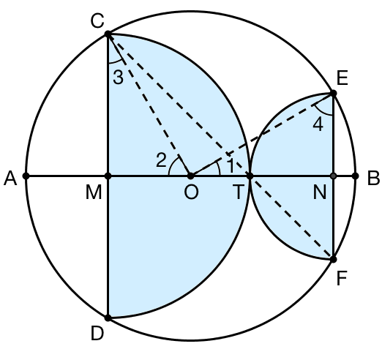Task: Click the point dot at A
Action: pyautogui.click(x=26, y=176)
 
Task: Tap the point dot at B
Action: pyautogui.click(x=356, y=176)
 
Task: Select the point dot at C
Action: pyautogui.click(x=108, y=34)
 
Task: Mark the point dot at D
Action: pyautogui.click(x=108, y=318)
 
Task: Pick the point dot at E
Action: pyautogui.click(x=333, y=93)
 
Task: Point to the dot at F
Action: pyautogui.click(x=333, y=260)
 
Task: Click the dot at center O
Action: pyautogui.click(x=190, y=176)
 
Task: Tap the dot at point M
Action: pyautogui.click(x=108, y=176)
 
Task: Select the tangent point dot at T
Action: pyautogui.click(x=250, y=176)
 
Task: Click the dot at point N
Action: pyautogui.click(x=333, y=176)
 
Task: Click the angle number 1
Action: pyautogui.click(x=231, y=165)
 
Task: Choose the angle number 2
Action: pyautogui.click(x=162, y=160)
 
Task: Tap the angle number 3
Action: pyautogui.click(x=119, y=78)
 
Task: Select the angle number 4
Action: pyautogui.click(x=318, y=124)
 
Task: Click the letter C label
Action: pyautogui.click(x=97, y=20)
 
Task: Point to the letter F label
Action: pyautogui.click(x=342, y=278)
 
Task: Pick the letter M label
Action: pyautogui.click(x=94, y=192)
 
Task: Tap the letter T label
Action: pyautogui.click(x=239, y=192)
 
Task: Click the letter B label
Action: pyautogui.click(x=373, y=179)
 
